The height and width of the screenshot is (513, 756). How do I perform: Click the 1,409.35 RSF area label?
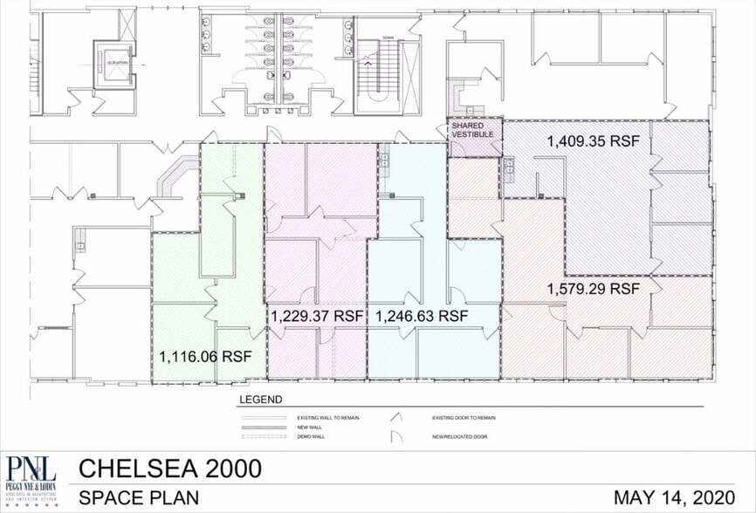593,140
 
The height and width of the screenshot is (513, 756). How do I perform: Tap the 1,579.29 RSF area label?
593,288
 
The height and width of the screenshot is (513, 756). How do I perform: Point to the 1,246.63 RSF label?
422,315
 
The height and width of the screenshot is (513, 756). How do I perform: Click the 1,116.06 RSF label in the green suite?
204,356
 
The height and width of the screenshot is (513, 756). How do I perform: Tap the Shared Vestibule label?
473,131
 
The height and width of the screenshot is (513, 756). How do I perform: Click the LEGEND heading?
260,400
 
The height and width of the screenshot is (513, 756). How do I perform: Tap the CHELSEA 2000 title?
169,469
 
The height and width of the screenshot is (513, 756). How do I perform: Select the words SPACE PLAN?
138,497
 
